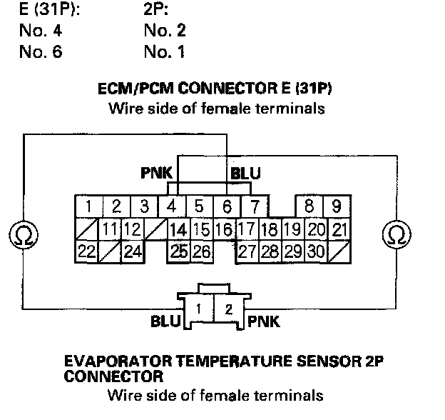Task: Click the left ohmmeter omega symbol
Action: [x=21, y=234]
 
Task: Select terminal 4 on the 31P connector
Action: [x=172, y=207]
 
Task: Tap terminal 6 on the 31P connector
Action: [x=227, y=207]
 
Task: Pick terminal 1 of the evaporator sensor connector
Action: [x=201, y=309]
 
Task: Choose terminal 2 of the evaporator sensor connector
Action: [x=227, y=309]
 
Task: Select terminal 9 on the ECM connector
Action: [x=335, y=207]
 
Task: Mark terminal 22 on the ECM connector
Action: [x=86, y=251]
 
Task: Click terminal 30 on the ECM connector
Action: [x=316, y=251]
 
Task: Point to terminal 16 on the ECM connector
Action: [x=224, y=229]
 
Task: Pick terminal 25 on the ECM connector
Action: [x=179, y=251]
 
